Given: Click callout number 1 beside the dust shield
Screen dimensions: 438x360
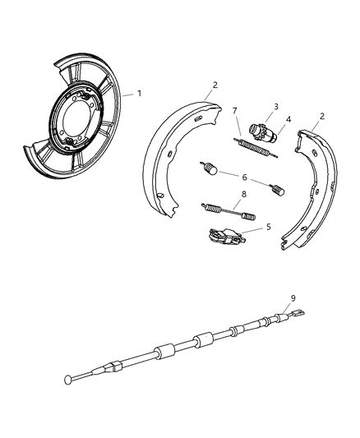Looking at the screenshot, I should click(139, 93).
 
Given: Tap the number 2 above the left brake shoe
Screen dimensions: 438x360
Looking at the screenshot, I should click(215, 85).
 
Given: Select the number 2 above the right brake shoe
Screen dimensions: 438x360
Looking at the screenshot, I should click(321, 117).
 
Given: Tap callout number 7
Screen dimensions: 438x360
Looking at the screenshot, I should click(234, 111).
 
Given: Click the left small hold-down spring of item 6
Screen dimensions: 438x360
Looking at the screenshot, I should click(210, 170).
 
